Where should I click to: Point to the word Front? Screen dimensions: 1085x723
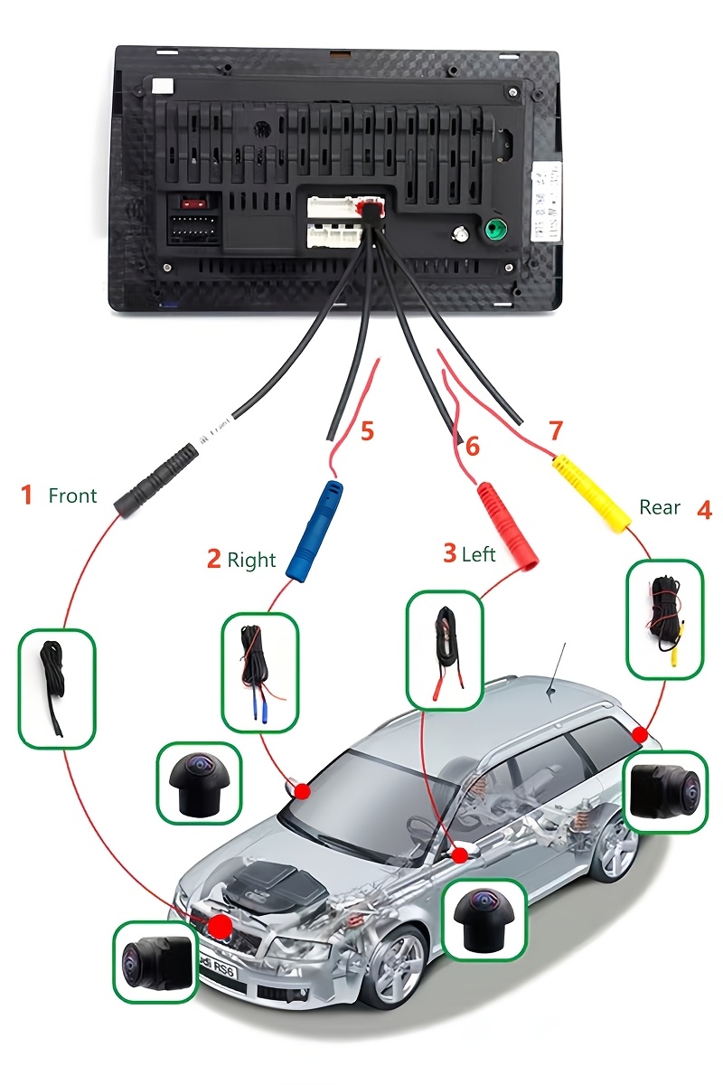(x=72, y=495)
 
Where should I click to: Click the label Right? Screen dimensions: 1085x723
(x=251, y=560)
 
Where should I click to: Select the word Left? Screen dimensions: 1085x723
(x=479, y=553)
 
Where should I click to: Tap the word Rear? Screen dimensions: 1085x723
(x=660, y=507)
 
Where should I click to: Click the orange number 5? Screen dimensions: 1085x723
(x=367, y=431)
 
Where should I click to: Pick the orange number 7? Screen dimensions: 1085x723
(x=556, y=430)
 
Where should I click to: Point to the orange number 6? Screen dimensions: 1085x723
(x=472, y=446)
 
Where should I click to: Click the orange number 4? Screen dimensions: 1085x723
(x=704, y=509)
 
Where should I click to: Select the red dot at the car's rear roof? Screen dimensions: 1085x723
(x=641, y=734)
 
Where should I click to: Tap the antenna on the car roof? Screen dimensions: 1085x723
(x=556, y=670)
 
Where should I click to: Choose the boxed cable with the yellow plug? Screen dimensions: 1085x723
(x=664, y=619)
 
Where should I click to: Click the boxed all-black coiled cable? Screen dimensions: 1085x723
(x=56, y=688)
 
